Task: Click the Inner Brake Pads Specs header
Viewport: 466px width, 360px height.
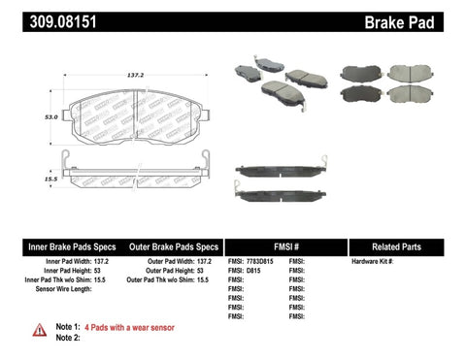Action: click(59, 247)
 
